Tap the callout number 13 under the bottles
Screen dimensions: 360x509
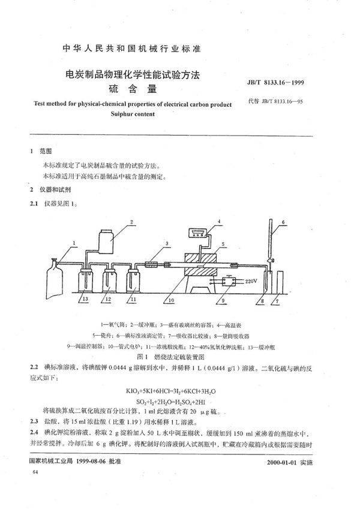85,298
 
